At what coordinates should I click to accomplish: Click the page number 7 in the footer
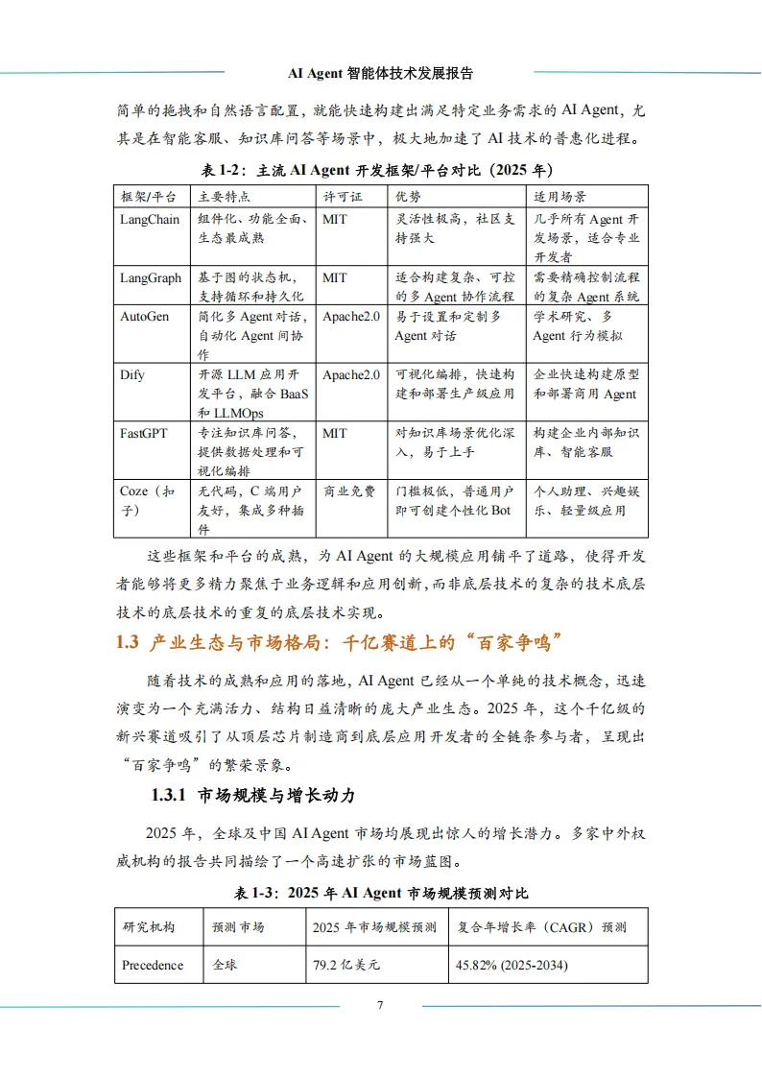380,1005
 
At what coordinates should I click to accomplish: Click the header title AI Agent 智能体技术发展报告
380,73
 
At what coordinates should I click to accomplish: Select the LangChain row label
149,219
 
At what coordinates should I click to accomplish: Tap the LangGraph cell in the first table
151,277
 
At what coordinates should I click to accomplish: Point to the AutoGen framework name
144,316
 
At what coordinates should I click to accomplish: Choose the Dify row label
132,374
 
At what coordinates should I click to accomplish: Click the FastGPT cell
143,433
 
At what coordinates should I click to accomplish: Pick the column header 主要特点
224,196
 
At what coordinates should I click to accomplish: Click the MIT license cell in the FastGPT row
335,433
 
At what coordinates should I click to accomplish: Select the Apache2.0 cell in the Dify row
351,374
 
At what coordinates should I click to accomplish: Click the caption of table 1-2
380,170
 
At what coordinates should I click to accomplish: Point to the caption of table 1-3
380,893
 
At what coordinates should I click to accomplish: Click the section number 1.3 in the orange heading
128,642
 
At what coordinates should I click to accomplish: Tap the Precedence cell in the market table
153,964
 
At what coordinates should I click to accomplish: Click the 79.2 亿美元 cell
346,964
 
